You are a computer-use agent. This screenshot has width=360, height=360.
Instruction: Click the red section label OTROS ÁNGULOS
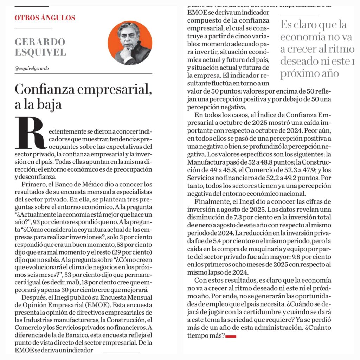coord(45,18)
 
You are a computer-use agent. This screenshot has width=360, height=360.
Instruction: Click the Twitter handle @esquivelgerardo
coord(32,68)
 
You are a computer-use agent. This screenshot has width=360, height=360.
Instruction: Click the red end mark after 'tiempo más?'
coord(231,336)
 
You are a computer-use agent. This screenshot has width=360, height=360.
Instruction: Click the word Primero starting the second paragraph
coord(32,185)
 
